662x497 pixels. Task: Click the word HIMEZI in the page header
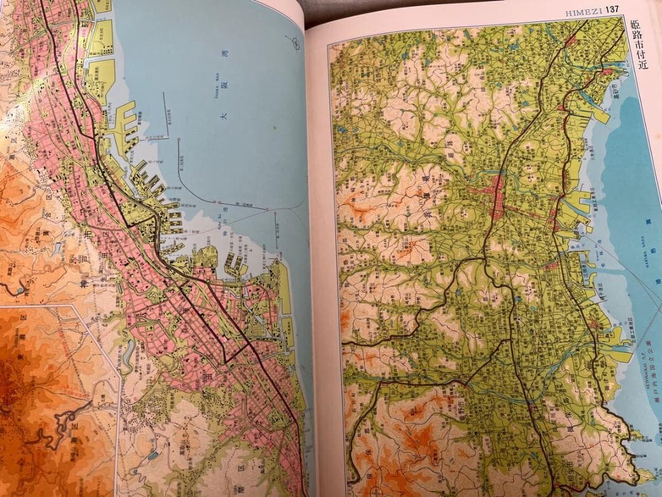583,10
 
